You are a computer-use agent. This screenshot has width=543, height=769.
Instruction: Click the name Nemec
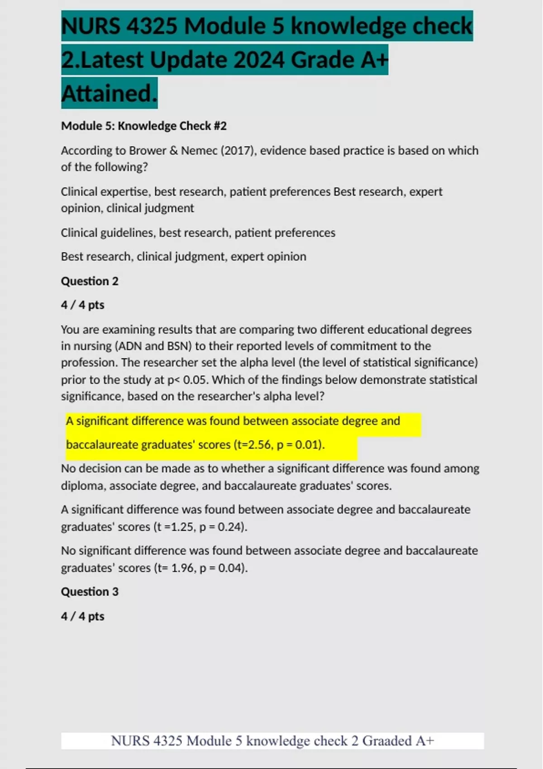pos(199,151)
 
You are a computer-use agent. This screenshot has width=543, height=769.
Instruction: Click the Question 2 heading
pos(90,281)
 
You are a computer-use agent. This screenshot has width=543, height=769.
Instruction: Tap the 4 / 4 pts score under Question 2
pos(83,305)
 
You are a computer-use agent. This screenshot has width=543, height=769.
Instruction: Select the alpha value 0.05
pos(195,380)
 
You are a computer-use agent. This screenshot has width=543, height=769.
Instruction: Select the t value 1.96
pos(183,568)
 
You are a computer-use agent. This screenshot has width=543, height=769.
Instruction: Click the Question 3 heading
pos(90,592)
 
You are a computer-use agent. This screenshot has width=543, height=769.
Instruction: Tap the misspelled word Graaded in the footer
pos(387,741)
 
